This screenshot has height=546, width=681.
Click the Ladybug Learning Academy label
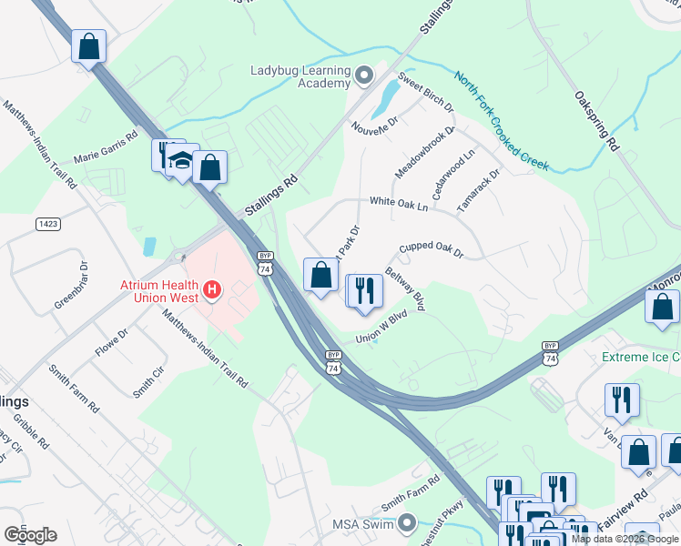300,77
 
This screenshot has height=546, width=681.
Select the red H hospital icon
212,290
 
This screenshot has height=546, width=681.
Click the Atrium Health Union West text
159,290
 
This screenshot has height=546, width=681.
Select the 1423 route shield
48,224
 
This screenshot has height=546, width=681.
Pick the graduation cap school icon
182,162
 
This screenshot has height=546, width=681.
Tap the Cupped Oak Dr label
432,249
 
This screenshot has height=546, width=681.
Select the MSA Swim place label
361,523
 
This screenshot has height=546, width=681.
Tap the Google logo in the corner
30,534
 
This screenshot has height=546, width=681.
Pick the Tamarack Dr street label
479,190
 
